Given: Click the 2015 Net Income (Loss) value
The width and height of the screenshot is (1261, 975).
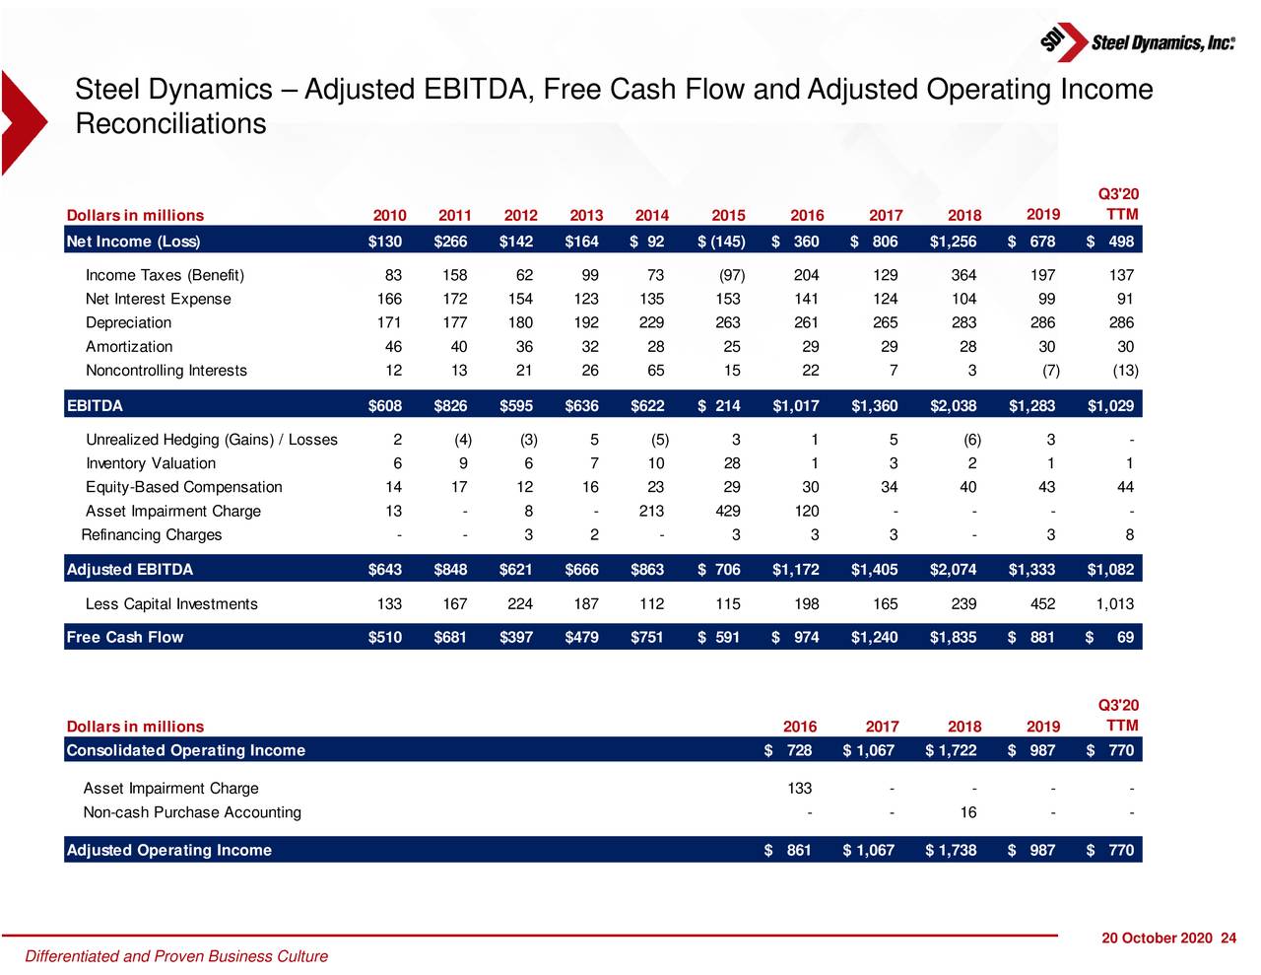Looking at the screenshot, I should tap(722, 242).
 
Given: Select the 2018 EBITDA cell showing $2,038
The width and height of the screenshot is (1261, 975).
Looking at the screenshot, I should tap(953, 406).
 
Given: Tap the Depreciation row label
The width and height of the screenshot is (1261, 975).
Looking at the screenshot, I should tap(128, 323).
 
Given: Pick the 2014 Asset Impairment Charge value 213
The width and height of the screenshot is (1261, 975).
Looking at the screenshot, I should tap(650, 512).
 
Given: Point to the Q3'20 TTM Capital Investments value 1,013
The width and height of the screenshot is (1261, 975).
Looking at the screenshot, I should tap(1114, 604).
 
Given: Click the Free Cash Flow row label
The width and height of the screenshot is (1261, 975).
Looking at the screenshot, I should tap(125, 638).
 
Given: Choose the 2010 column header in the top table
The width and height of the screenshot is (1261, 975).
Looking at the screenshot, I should tap(389, 216).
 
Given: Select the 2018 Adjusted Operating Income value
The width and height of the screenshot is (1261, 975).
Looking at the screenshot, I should tap(952, 851).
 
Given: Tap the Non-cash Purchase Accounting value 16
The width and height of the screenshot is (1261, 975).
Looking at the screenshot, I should tap(968, 813).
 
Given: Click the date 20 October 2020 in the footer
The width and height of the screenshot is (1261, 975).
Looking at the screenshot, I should tap(1157, 939).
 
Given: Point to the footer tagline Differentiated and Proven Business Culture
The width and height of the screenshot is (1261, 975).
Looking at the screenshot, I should tap(176, 956).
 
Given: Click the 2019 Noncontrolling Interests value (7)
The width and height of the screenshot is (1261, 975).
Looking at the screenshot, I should tap(1050, 371).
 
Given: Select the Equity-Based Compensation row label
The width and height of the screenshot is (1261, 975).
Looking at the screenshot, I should tap(184, 488).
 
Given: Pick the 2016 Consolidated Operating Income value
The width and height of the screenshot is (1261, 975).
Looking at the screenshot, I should tap(789, 751).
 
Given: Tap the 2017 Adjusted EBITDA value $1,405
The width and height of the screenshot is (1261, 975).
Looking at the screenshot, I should tap(874, 570).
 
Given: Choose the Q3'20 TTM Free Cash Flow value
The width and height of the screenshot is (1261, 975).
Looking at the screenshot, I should tap(1110, 638).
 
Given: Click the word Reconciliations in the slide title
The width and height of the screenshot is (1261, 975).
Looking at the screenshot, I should tap(170, 125).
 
